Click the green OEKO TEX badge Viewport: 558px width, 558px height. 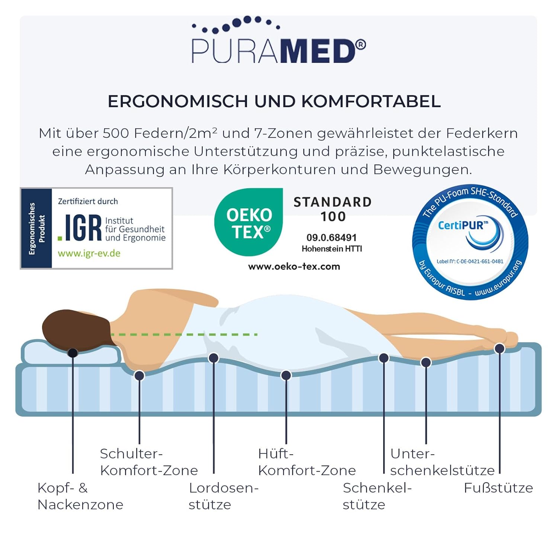pos(248,222)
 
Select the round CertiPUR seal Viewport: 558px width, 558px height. pos(470,243)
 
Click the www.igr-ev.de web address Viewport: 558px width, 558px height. pos(89,254)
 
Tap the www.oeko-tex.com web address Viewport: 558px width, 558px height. pos(294,266)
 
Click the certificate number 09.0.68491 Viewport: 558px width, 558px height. pos(331,238)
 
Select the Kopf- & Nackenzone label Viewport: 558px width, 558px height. pos(80,496)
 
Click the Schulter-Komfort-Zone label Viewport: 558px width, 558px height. pos(149,462)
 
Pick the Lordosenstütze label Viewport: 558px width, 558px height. pos(223,496)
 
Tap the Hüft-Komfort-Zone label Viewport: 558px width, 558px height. pos(307,462)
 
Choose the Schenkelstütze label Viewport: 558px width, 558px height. pos(377,496)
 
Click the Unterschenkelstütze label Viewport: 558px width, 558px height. pos(442,462)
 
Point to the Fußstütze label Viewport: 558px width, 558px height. pos(498,488)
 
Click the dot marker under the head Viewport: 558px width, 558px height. pos(73,353)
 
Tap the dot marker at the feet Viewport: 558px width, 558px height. pos(499,349)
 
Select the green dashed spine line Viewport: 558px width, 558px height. pos(184,334)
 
